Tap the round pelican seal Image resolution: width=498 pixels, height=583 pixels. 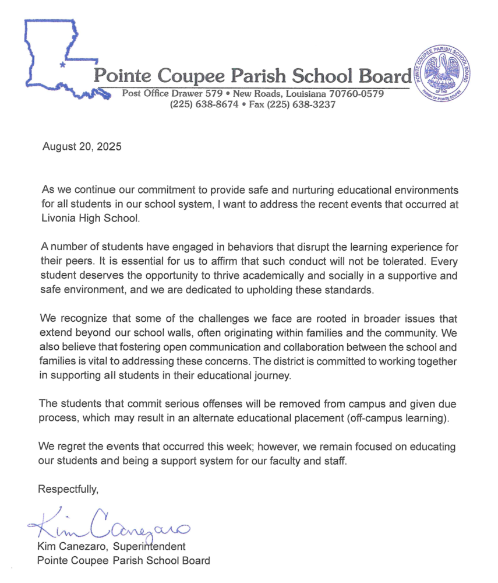[x=442, y=73]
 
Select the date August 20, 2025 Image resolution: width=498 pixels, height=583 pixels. [x=82, y=147]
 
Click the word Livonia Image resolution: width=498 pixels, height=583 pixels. [x=60, y=218]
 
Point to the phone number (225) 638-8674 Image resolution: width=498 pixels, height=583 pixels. [x=204, y=104]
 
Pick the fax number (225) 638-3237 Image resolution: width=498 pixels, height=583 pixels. [x=301, y=104]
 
